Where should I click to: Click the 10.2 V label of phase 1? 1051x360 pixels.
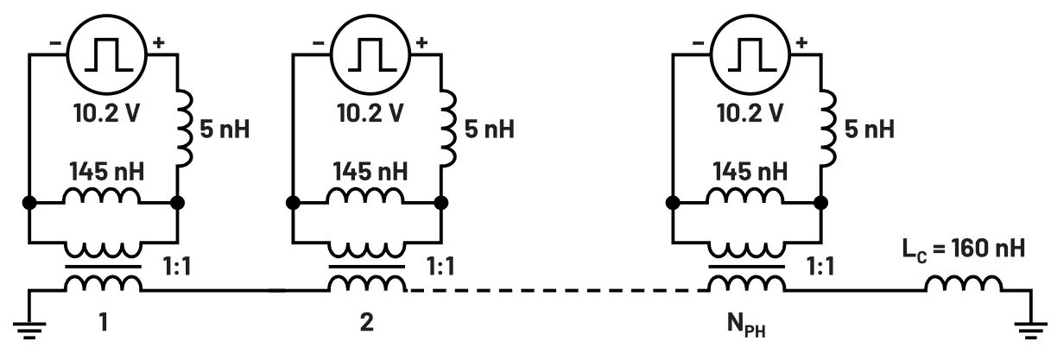[x=103, y=112]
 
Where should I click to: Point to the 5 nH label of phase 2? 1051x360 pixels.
[x=489, y=129]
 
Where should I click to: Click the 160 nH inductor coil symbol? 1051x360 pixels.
[x=965, y=284]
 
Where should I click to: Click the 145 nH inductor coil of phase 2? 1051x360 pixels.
[x=366, y=197]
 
